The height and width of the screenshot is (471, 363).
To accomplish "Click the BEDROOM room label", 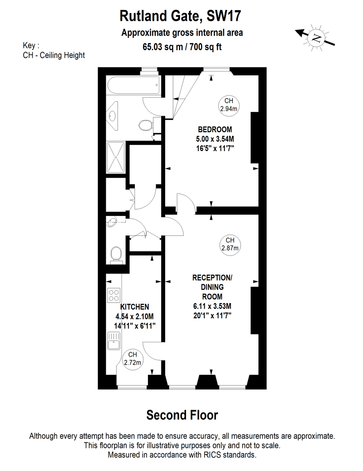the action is point(215,130).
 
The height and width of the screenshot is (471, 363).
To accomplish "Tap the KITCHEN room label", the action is point(135,307).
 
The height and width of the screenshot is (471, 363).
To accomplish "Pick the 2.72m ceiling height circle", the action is point(133,360).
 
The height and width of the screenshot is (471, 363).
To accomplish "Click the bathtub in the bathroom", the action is point(134,85).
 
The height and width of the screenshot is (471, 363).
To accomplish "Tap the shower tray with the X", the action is point(116,157).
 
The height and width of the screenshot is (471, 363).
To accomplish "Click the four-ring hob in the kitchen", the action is point(114,295).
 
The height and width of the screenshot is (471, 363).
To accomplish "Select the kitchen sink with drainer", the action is point(114,341).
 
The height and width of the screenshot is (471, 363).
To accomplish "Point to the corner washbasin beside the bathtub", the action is point(112,116).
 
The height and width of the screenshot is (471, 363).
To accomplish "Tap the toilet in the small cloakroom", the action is point(116,255).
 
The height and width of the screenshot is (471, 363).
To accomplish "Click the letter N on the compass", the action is point(316,38).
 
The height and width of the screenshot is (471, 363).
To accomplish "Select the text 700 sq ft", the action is point(205,47).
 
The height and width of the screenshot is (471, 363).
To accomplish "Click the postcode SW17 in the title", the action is point(224,16).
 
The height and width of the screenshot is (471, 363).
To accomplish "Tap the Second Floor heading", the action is point(182,415).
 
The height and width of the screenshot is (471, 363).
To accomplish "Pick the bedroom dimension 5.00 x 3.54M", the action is point(215,139).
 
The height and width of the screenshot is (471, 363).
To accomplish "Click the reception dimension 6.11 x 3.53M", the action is point(212,306).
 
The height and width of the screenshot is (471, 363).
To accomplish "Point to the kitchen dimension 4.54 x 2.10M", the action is point(135,316).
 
